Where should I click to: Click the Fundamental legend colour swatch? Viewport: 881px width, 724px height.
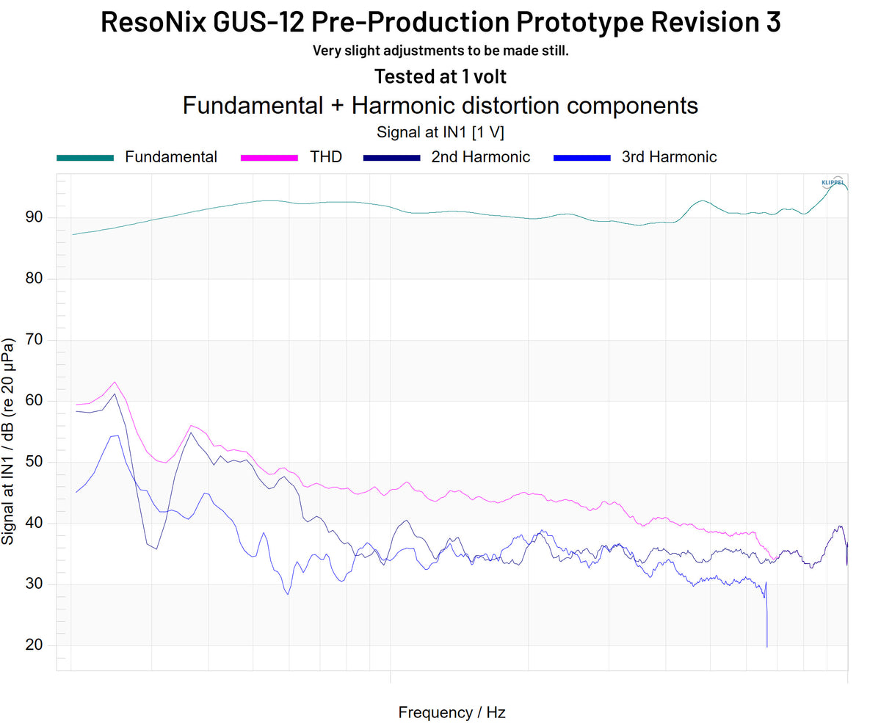coord(85,157)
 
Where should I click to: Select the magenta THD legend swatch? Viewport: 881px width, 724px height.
coord(269,157)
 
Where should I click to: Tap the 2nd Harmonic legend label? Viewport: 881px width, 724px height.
coord(480,157)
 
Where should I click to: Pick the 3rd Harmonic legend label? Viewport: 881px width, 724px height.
coord(669,157)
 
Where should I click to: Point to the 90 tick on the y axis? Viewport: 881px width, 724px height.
coord(35,218)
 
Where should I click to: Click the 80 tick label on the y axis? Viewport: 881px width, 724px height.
coord(35,279)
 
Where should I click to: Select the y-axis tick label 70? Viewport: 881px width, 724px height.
coord(35,340)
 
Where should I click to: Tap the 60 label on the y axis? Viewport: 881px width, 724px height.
coord(35,401)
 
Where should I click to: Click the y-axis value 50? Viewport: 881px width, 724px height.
coord(35,462)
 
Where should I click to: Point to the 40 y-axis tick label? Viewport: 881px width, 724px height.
coord(35,524)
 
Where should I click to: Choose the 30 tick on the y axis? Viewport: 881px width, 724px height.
coord(35,584)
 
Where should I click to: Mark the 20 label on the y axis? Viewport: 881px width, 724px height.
coord(35,645)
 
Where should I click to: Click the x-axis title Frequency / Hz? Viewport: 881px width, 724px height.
coord(452,712)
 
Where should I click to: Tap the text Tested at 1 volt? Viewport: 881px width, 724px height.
coord(440,76)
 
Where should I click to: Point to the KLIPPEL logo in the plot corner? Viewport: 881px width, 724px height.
coord(833,182)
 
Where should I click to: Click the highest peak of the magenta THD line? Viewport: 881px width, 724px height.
coord(115,382)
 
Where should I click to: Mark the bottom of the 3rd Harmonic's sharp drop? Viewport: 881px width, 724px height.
coord(766,647)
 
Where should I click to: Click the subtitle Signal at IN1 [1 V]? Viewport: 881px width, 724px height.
coord(440,132)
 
